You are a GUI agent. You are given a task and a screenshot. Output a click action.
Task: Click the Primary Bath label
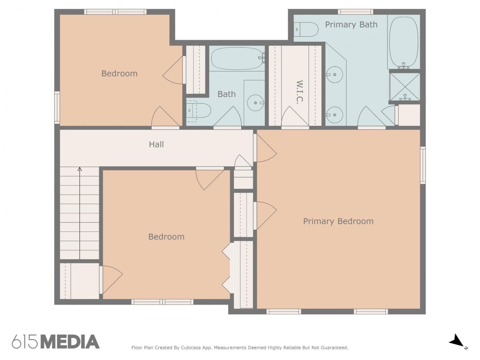[351, 25]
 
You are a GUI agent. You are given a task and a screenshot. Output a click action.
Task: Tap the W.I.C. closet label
[300, 92]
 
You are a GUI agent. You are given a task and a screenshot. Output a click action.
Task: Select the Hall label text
[156, 144]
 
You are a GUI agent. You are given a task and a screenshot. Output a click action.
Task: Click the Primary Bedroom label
[338, 221]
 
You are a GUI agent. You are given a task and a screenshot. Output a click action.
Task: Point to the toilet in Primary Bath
[306, 29]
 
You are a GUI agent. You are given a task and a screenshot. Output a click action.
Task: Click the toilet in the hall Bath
[198, 111]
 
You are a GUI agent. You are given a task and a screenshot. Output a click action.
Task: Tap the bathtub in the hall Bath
[237, 58]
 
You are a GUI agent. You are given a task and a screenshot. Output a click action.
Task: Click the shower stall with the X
[404, 87]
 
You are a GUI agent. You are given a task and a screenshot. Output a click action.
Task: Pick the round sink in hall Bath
[255, 103]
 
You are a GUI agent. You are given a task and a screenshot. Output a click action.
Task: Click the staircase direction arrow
[80, 213]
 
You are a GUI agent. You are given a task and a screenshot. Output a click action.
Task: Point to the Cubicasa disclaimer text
[240, 348]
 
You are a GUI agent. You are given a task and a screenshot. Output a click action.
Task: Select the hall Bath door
[228, 116]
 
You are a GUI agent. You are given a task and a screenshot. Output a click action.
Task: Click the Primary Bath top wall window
[355, 12]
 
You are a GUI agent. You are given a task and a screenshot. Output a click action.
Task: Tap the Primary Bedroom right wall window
[423, 165]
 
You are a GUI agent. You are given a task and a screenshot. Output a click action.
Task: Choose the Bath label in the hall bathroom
[227, 94]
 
